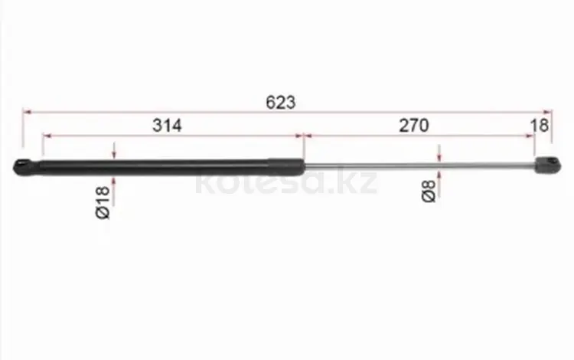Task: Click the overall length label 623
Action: coord(280,102)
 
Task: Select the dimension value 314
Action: coord(167,126)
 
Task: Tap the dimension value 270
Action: coord(413,126)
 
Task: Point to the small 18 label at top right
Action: coord(540,126)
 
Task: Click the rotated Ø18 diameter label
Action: coord(103,202)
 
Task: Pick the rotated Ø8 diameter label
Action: coord(429,191)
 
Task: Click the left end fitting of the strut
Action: coord(26,167)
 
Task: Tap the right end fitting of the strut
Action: coord(548,165)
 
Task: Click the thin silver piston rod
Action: coord(420,166)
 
